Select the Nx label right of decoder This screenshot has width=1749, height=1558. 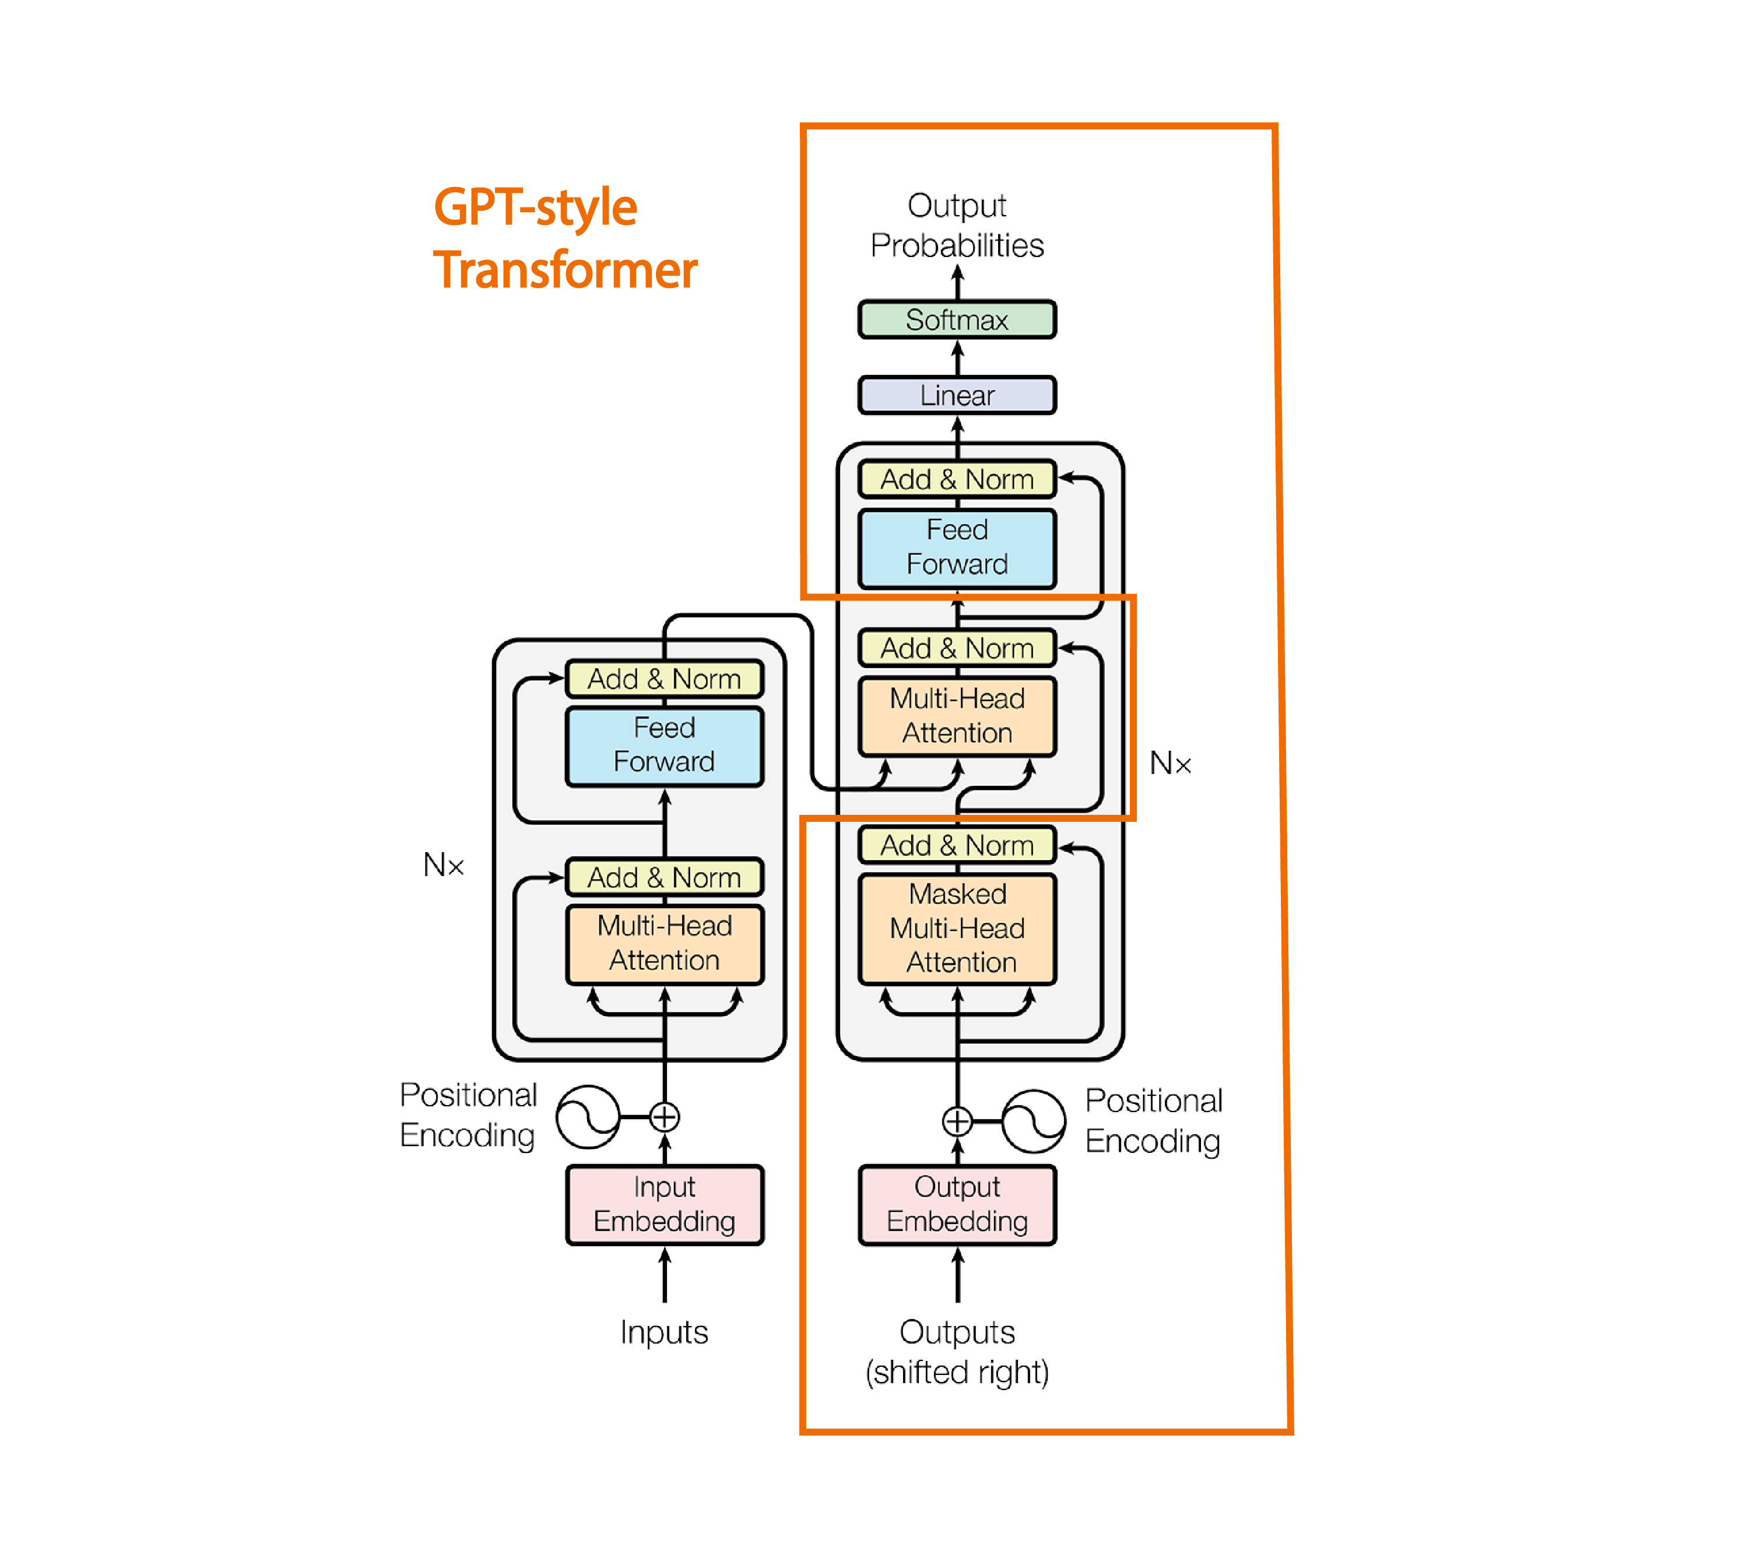pos(1169,763)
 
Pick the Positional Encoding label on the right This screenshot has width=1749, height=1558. pos(1153,1121)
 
